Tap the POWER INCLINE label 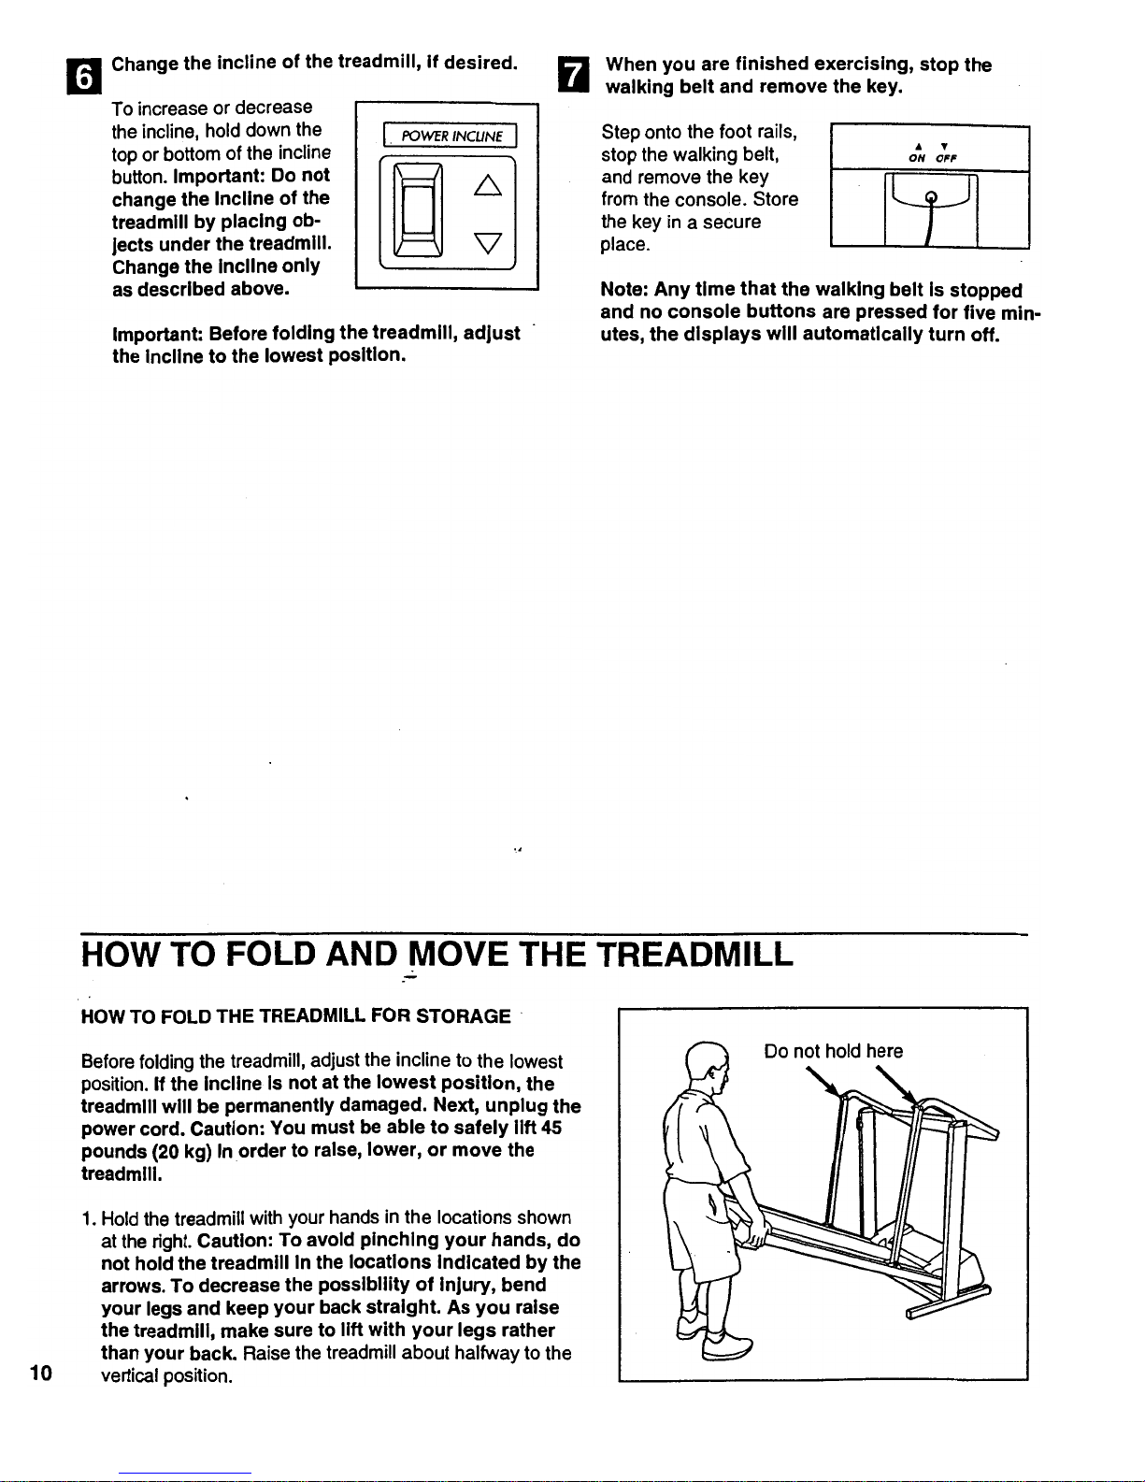tap(451, 137)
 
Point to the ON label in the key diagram tap(917, 157)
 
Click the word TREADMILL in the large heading tap(695, 955)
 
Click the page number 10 tap(39, 1373)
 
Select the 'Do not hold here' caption tap(834, 1051)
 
